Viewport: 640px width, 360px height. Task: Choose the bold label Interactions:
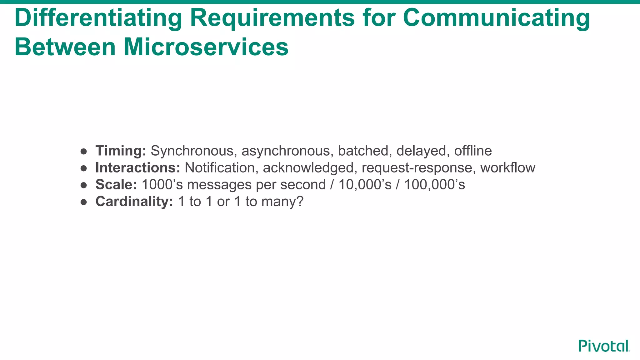(138, 168)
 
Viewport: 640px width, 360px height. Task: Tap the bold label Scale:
(116, 185)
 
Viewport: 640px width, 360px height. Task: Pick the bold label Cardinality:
(134, 202)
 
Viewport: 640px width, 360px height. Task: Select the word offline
(473, 151)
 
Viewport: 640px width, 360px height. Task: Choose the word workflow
(507, 168)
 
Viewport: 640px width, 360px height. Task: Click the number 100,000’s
(434, 185)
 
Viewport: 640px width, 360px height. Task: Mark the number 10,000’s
(365, 185)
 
